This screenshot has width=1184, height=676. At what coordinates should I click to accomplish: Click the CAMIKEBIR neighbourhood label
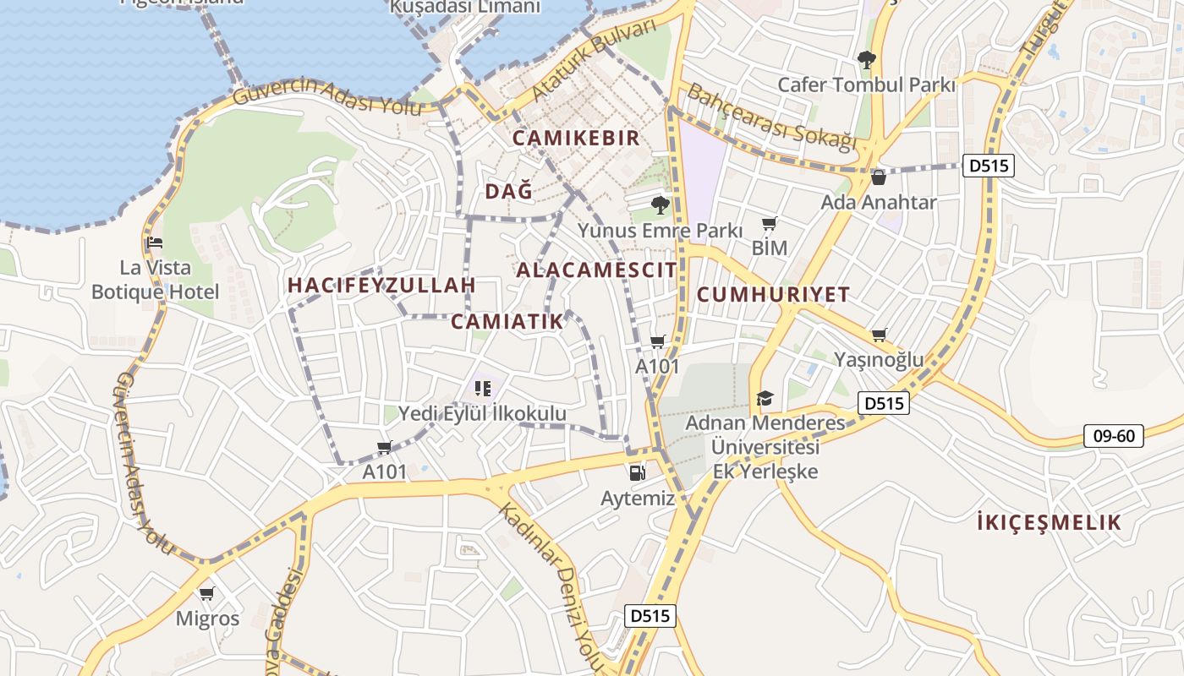pyautogui.click(x=576, y=138)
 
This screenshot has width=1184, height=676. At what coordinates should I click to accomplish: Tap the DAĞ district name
pyautogui.click(x=509, y=192)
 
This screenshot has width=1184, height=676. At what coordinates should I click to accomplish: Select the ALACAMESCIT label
pyautogui.click(x=596, y=270)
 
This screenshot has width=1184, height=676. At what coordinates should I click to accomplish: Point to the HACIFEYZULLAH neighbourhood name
pyautogui.click(x=381, y=285)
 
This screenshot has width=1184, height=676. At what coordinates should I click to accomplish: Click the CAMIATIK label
pyautogui.click(x=507, y=321)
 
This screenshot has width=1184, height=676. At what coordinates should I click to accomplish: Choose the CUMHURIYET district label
pyautogui.click(x=773, y=295)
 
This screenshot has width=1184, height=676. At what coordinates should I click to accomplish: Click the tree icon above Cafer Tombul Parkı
pyautogui.click(x=866, y=60)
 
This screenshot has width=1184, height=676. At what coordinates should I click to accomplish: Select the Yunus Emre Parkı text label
pyautogui.click(x=660, y=231)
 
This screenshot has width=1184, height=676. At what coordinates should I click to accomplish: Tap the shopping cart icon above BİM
pyautogui.click(x=769, y=224)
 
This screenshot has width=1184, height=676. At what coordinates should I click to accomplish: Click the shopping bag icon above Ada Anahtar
pyautogui.click(x=879, y=177)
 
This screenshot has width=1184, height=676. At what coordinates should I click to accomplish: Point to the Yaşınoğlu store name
pyautogui.click(x=879, y=360)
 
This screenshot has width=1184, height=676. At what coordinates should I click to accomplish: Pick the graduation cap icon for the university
pyautogui.click(x=765, y=398)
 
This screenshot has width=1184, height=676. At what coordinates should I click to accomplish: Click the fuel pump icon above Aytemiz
pyautogui.click(x=637, y=473)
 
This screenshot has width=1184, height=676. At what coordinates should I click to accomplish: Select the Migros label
pyautogui.click(x=207, y=619)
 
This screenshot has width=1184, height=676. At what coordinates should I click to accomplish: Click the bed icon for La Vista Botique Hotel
pyautogui.click(x=154, y=243)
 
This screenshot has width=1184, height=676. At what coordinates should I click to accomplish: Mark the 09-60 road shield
pyautogui.click(x=1114, y=437)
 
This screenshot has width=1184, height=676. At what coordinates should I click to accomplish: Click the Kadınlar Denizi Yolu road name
pyautogui.click(x=550, y=583)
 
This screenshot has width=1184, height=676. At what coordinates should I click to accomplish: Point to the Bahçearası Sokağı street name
pyautogui.click(x=770, y=117)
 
